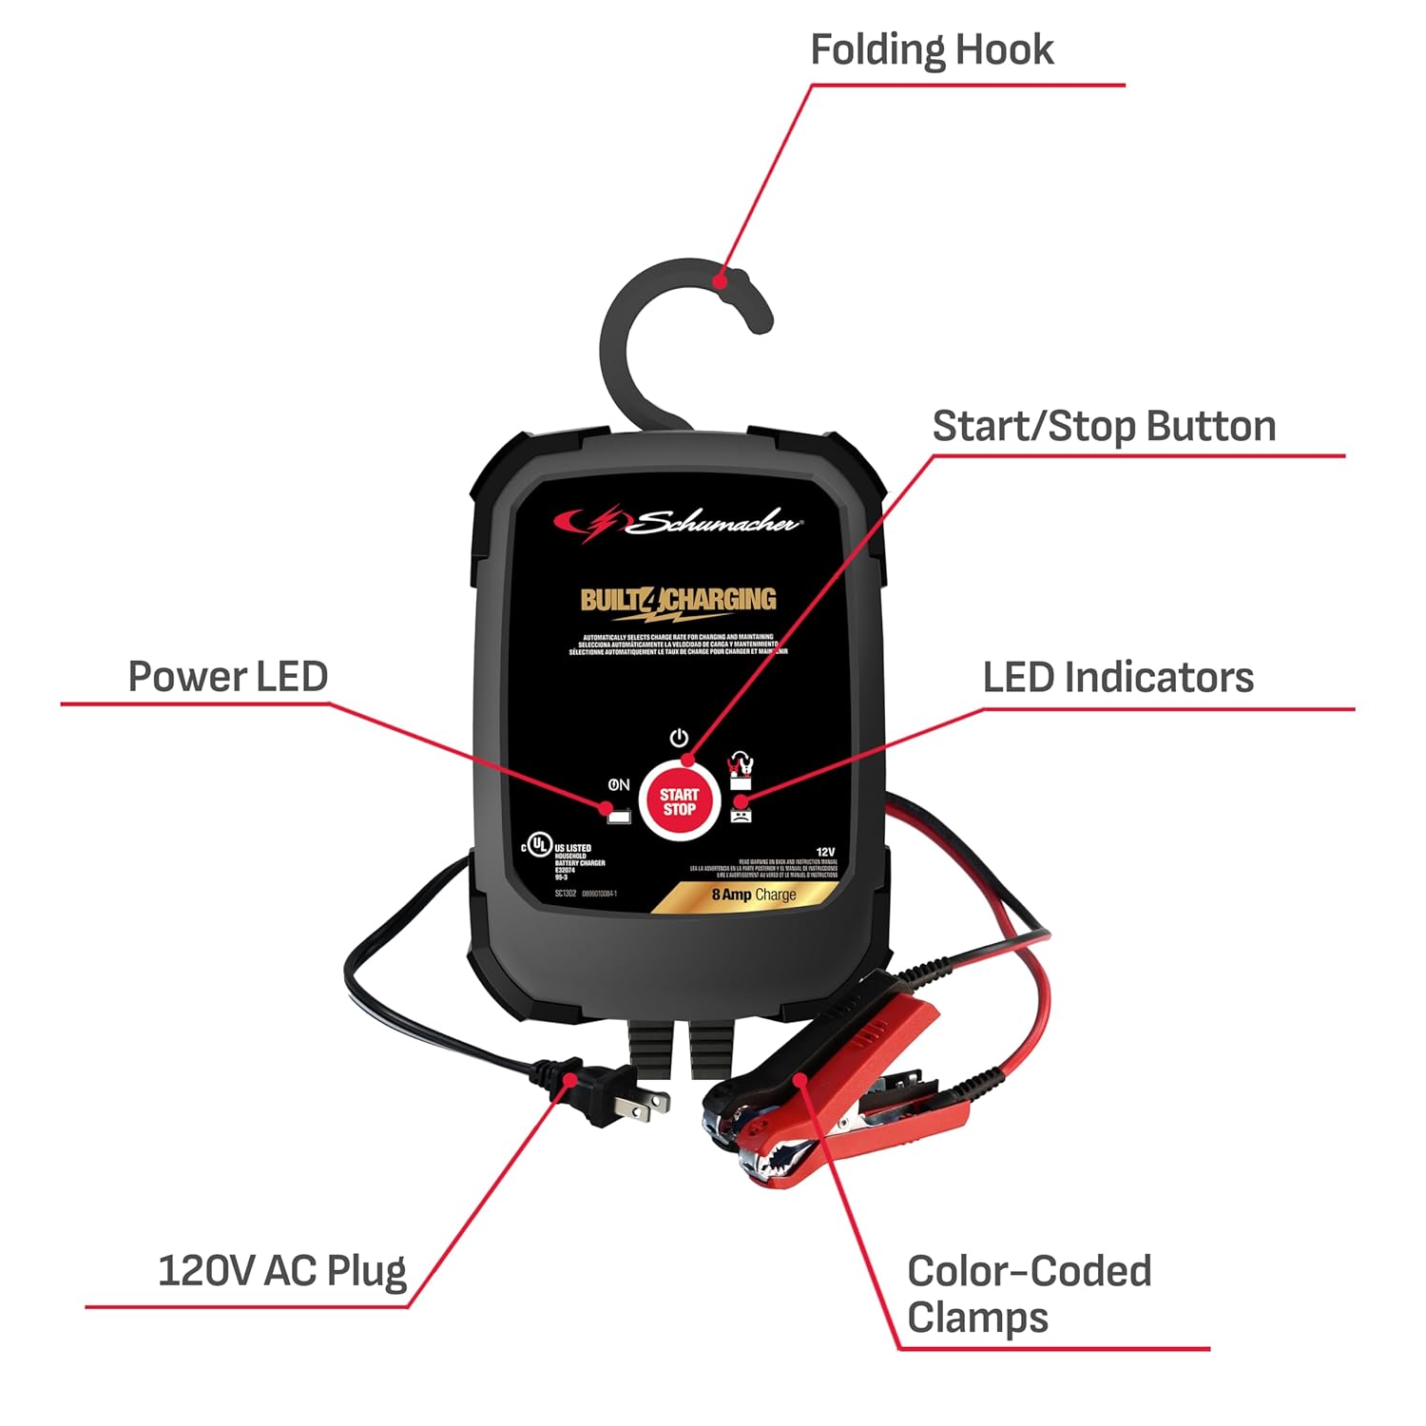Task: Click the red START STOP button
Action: (679, 800)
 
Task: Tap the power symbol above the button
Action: (678, 739)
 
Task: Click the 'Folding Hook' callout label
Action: (931, 50)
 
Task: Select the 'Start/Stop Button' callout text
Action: (1104, 426)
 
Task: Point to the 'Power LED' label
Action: (228, 677)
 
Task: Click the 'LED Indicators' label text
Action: (1118, 678)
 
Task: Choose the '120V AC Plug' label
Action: (282, 1271)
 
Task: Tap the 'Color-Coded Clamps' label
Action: (1029, 1294)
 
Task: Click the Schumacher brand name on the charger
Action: (715, 522)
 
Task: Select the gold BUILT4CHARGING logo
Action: (678, 600)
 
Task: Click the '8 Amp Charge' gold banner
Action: (754, 895)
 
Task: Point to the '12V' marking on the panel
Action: (824, 852)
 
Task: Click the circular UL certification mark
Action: (539, 845)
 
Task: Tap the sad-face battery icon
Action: (741, 814)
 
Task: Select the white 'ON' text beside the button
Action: (619, 785)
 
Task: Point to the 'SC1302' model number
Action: (565, 894)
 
